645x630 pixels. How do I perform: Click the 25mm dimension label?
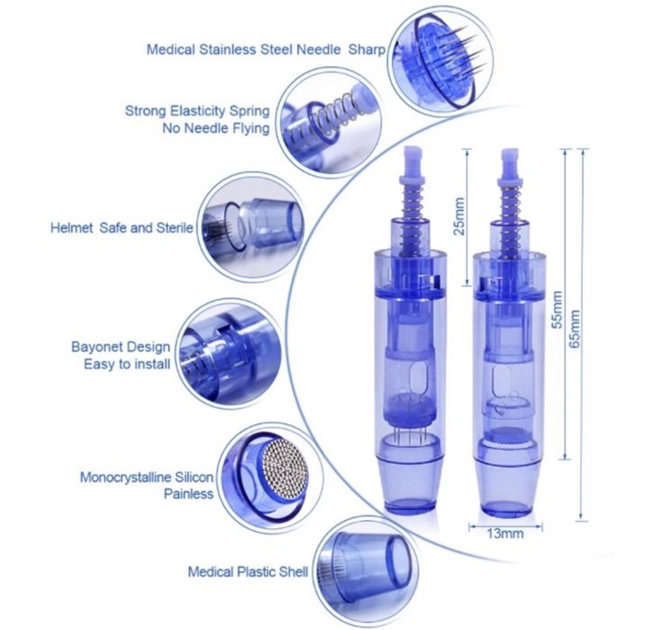459,216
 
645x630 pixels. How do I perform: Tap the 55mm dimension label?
557,309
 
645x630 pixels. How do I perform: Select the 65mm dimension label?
575,328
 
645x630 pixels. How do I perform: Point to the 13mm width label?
505,534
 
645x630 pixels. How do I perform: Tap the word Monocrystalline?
125,478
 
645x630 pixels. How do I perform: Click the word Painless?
188,493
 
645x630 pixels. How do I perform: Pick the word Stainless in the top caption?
228,50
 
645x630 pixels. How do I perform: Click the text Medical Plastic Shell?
248,571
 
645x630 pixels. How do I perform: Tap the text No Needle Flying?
216,128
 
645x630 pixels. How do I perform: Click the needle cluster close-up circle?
441,61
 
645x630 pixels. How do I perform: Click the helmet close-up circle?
251,227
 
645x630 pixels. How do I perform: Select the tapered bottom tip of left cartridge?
412,487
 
